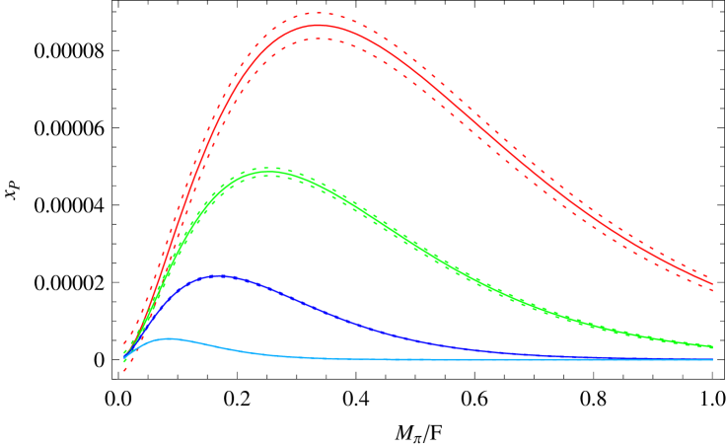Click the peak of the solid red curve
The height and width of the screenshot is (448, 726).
coord(318,26)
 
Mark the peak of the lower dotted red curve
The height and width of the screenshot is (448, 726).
coord(318,38)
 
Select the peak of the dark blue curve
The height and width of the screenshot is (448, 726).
coord(217,276)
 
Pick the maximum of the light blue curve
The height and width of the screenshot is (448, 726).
coord(170,338)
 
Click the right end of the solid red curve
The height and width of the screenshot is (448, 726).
coord(712,284)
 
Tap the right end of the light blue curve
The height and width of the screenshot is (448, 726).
coord(712,359)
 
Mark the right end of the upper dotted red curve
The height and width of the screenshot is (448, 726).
coord(712,277)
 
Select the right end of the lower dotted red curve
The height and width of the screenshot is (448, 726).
coord(712,291)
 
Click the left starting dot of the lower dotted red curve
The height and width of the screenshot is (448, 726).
coord(124,371)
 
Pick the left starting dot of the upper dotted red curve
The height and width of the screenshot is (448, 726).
coord(124,342)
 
